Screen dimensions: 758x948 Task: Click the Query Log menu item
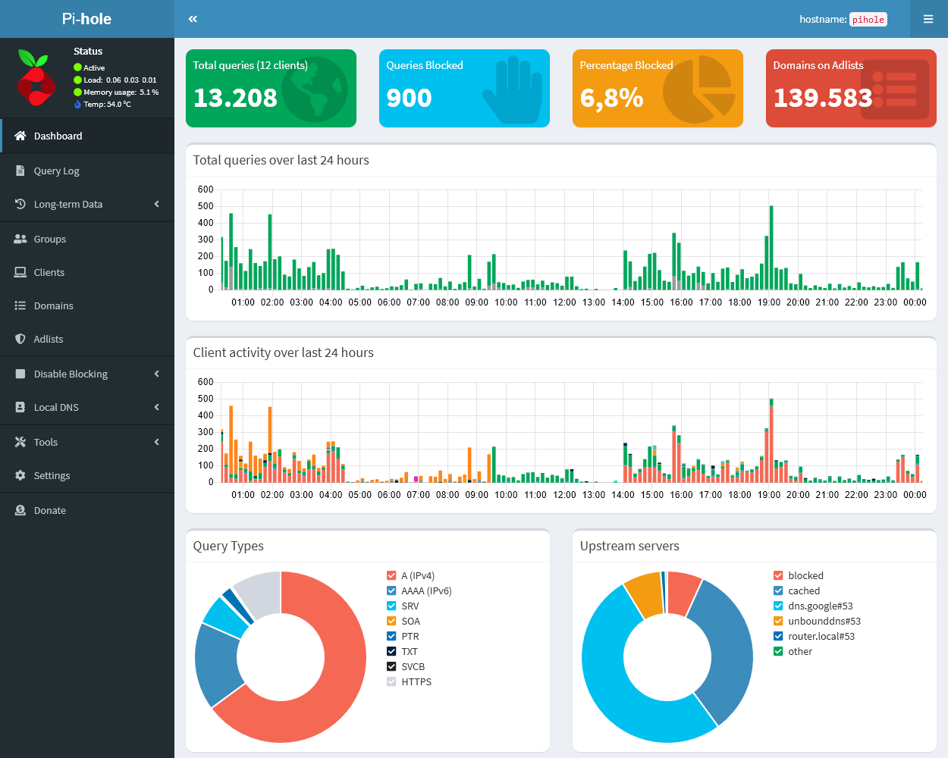click(x=56, y=171)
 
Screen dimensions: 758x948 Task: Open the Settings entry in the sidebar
click(x=52, y=475)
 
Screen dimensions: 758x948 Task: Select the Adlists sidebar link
click(x=48, y=339)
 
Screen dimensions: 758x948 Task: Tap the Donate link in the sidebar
click(x=49, y=510)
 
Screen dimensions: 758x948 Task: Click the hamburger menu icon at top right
click(x=928, y=19)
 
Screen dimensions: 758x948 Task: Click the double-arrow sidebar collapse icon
click(x=193, y=19)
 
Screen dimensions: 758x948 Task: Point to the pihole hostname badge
click(x=868, y=20)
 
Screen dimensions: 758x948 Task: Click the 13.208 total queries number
click(x=235, y=98)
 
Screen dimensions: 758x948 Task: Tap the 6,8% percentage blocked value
click(x=611, y=98)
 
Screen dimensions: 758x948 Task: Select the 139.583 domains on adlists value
click(x=823, y=98)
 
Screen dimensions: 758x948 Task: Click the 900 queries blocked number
click(x=409, y=98)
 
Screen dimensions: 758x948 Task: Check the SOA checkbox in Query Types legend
click(x=391, y=621)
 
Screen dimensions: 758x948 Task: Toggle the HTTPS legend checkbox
click(x=391, y=681)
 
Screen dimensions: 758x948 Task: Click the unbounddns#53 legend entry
click(x=824, y=621)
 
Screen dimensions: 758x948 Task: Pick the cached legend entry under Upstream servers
click(x=803, y=590)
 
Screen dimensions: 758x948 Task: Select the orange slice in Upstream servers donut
click(x=645, y=594)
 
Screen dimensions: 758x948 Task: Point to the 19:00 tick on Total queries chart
click(x=769, y=302)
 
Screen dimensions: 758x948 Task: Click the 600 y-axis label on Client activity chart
click(x=205, y=381)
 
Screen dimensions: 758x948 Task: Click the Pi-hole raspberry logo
click(x=36, y=78)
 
